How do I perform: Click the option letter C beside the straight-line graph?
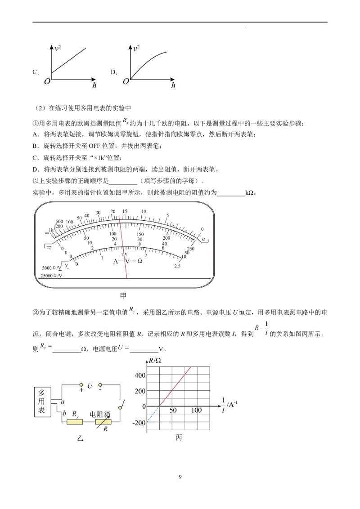click(36, 72)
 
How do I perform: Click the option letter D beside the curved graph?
click(114, 72)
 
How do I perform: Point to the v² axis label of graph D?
click(136, 49)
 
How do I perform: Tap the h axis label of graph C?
click(94, 86)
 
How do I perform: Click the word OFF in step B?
click(94, 146)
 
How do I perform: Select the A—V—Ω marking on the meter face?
click(128, 261)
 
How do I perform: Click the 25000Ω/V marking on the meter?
click(51, 276)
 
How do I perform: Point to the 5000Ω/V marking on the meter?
click(52, 268)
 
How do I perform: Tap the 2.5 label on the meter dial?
click(177, 266)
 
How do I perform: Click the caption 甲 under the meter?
click(123, 296)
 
